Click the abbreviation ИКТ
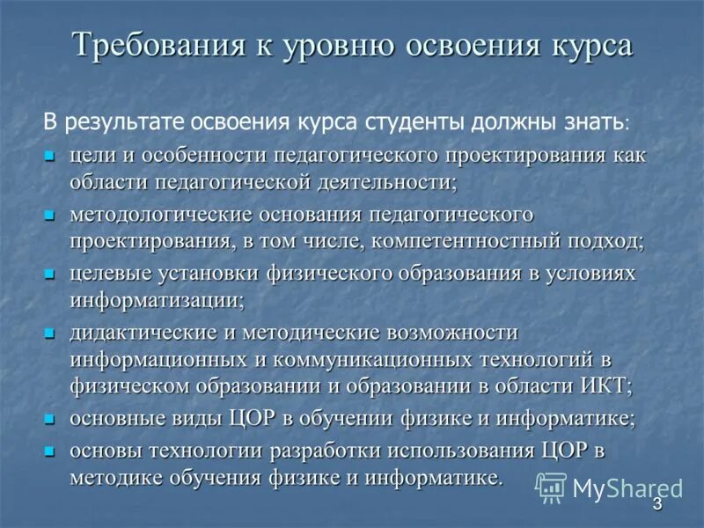(606, 385)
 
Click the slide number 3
(657, 504)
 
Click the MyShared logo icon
(551, 487)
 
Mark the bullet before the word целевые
(50, 274)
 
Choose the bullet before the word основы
(50, 451)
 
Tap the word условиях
(592, 273)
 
